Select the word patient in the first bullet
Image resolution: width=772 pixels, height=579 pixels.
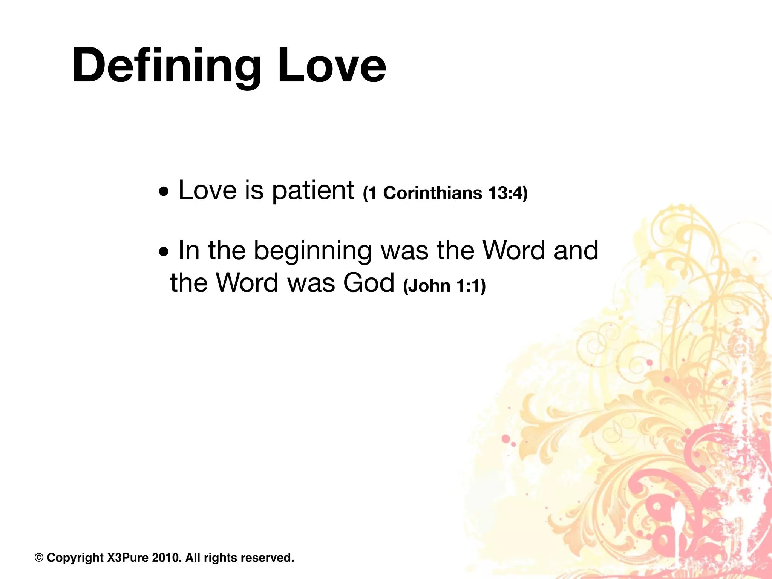point(313,190)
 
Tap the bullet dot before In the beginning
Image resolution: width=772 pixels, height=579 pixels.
point(164,252)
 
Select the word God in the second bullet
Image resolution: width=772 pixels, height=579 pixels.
point(368,283)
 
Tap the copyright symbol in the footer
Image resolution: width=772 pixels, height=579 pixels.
point(39,558)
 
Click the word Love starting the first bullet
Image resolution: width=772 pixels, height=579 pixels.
point(207,190)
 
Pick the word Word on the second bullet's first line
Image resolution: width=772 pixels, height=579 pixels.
point(514,251)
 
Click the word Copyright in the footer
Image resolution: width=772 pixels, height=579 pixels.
point(75,558)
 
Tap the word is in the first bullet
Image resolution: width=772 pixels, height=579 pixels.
point(254,190)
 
